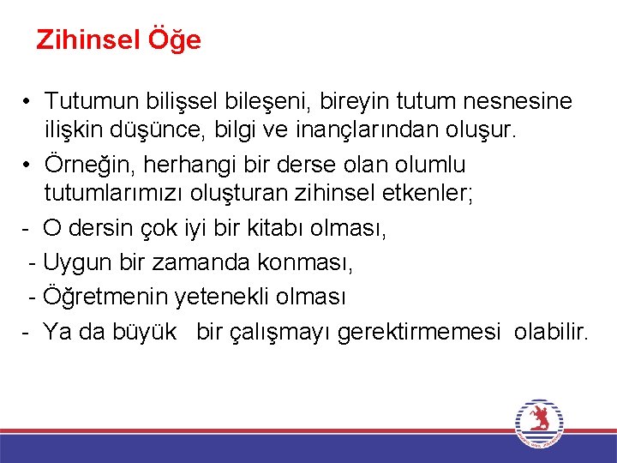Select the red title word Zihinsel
[x=89, y=40]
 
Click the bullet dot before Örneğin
[x=28, y=164]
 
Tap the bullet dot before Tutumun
[x=28, y=101]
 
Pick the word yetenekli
[x=222, y=298]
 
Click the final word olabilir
[x=552, y=332]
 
